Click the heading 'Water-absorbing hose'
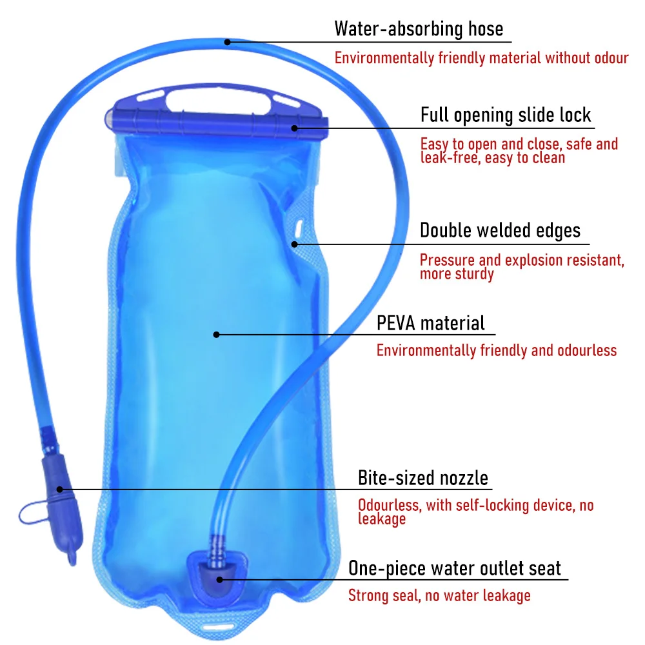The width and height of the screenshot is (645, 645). pos(418,29)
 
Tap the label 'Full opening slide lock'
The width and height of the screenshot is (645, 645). pos(506,115)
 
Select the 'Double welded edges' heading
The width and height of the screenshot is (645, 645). pos(500,230)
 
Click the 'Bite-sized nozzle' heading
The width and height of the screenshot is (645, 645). pos(423,478)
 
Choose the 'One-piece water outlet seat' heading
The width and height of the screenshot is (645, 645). pos(455,568)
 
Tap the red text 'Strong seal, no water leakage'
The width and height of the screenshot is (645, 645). pos(439,595)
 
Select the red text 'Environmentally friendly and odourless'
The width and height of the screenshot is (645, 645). pos(496,351)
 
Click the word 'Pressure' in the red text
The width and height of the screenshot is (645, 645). pos(448,261)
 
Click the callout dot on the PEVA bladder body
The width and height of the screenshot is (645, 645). pos(217,334)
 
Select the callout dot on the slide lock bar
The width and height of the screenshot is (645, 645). pos(294,128)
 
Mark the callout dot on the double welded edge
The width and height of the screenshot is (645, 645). pos(293,244)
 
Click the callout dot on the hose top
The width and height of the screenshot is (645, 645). pos(227,43)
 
